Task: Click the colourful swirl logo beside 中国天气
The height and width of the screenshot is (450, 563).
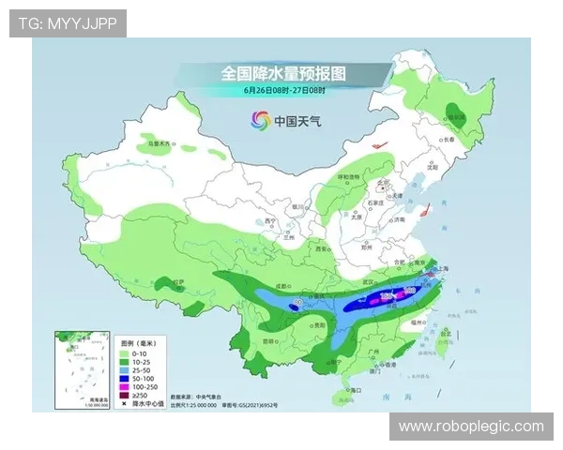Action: pos(259,120)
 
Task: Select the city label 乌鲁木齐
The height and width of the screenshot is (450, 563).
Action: pos(161,144)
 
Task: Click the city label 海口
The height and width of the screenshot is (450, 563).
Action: pos(355,387)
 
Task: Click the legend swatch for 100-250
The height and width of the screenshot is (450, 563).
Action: pos(126,385)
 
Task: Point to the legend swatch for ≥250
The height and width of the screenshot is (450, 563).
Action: pos(126,395)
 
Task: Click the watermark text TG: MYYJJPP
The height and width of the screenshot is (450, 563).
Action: pos(67,23)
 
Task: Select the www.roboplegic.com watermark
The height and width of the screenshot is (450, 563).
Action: pos(470,427)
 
